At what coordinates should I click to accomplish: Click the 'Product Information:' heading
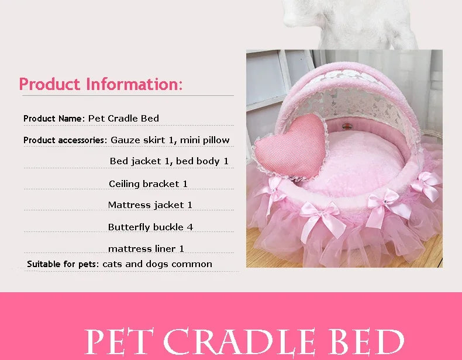coord(101,84)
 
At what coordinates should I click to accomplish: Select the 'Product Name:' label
coord(54,119)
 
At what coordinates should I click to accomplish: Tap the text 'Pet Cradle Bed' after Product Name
coord(123,119)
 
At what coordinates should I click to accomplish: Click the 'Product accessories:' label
coord(65,140)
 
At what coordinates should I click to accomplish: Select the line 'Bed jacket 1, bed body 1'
coord(169,161)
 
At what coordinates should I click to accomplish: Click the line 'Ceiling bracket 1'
coord(148,184)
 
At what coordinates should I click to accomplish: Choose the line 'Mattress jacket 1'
coord(150,205)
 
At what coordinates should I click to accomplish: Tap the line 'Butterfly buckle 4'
coord(150,227)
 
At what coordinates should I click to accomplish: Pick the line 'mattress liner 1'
coord(146,248)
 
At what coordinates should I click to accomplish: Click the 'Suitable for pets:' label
coord(63,264)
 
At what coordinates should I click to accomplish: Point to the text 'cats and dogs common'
coord(157,264)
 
